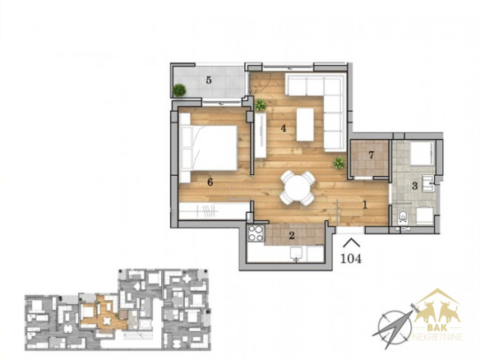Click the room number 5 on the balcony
click(x=209, y=81)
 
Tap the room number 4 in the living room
click(x=284, y=128)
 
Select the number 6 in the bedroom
click(x=210, y=182)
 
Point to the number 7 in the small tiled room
click(x=372, y=155)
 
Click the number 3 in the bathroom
click(x=415, y=186)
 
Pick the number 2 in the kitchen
click(x=292, y=235)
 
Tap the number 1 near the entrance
click(x=365, y=205)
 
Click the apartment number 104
click(x=351, y=259)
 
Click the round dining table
click(x=297, y=188)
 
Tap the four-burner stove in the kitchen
click(x=256, y=233)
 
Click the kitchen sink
click(x=296, y=254)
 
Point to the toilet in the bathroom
click(x=404, y=215)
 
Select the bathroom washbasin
click(x=428, y=183)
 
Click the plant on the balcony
click(x=179, y=90)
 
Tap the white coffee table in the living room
click(x=305, y=125)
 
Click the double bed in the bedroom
click(x=210, y=148)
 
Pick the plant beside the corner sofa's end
click(x=339, y=163)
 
